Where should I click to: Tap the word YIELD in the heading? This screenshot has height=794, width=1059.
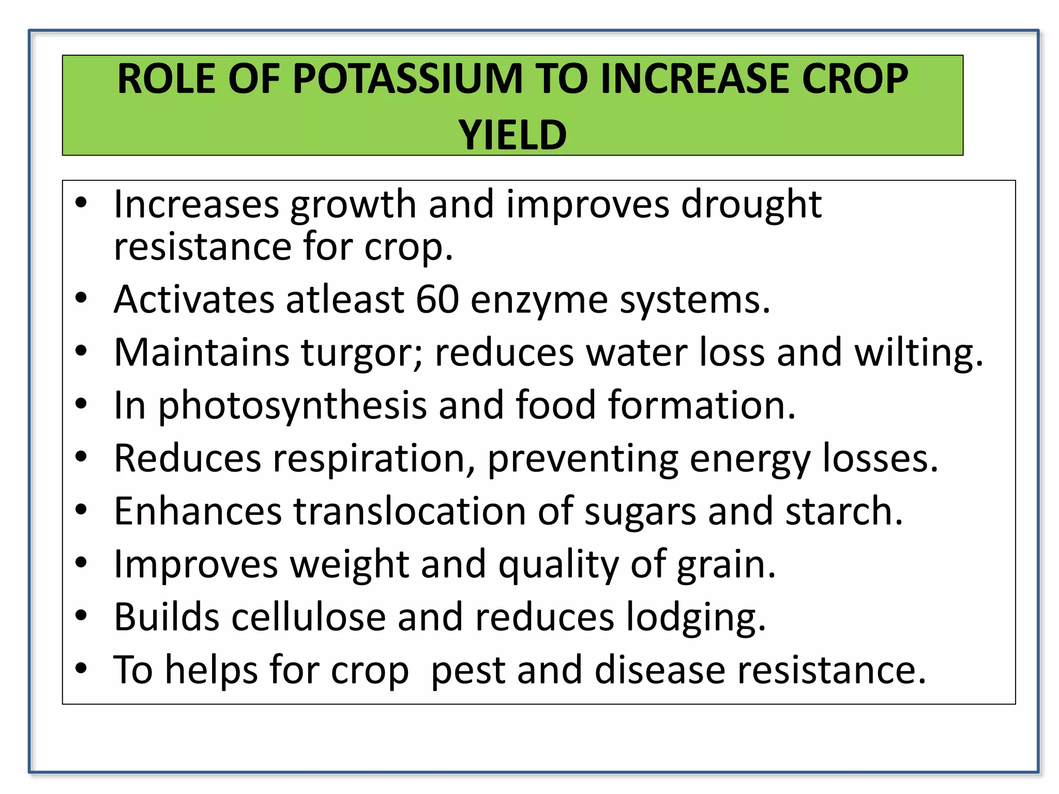512,135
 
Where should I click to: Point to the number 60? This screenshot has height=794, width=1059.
437,299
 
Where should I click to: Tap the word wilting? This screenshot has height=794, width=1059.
918,353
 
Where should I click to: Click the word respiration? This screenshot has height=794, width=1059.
373,459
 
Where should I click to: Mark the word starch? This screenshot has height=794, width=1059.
843,511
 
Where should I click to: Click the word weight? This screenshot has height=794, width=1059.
350,564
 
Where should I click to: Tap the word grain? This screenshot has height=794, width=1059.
726,565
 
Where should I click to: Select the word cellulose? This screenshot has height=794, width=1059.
309,617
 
